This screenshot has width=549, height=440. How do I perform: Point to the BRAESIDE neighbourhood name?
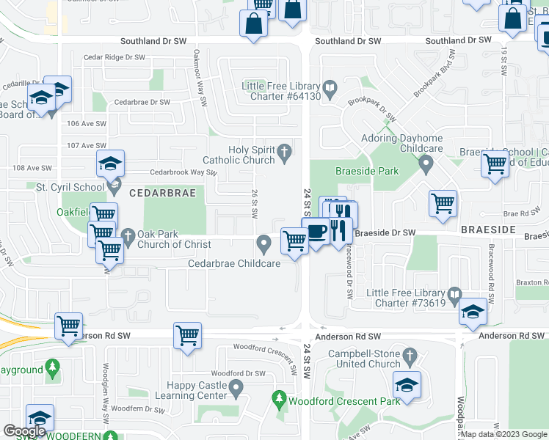coord(490,230)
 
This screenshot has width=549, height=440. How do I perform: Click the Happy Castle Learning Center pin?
coord(236,386)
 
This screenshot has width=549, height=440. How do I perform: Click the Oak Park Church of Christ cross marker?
coord(128,236)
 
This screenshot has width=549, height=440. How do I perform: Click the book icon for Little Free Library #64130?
coord(331,90)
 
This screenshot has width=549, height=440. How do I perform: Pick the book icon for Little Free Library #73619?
coord(455,296)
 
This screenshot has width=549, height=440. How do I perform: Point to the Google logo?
coord(24,431)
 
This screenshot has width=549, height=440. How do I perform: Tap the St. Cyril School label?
coord(70,188)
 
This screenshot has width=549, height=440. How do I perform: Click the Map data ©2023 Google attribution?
coord(503,434)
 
